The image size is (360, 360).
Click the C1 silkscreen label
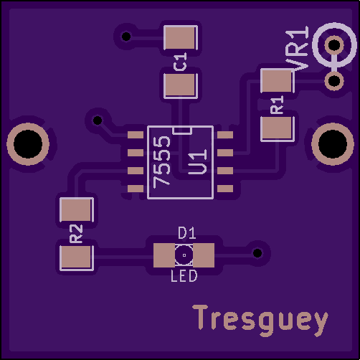[180, 62]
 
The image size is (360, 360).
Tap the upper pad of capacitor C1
[181, 37]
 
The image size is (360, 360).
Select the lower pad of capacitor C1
[181, 85]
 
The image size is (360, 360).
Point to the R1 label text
[278, 105]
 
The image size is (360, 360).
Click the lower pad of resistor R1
[277, 129]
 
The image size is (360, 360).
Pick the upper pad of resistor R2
[77, 210]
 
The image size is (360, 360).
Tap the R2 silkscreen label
[76, 234]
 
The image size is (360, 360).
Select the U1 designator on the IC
[197, 161]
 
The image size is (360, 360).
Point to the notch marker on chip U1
[182, 131]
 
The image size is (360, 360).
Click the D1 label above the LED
[187, 233]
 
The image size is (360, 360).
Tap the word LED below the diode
[184, 276]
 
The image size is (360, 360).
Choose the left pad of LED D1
[164, 255]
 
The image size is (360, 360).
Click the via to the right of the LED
[257, 253]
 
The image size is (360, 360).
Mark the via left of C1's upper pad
[126, 37]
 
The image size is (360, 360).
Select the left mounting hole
[28, 144]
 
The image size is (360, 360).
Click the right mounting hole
[333, 144]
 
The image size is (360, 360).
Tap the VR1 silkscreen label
[297, 49]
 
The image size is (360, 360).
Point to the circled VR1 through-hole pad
[334, 44]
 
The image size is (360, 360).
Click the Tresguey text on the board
[260, 321]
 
